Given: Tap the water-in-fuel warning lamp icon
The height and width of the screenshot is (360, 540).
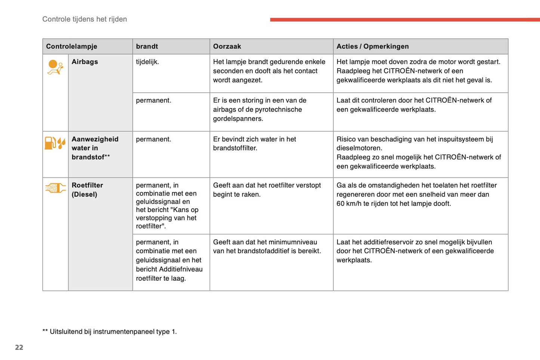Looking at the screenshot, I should click(55, 143).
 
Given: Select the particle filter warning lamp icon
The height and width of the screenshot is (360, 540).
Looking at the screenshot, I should click(55, 188).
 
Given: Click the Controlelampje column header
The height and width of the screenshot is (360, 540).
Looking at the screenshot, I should click(71, 46).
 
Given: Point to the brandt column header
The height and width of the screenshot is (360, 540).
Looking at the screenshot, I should click(147, 46).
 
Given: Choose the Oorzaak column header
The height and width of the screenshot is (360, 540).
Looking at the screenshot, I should click(227, 46).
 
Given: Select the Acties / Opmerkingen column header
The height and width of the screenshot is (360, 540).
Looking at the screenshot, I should click(372, 46).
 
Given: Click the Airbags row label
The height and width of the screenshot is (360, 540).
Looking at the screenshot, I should click(85, 62).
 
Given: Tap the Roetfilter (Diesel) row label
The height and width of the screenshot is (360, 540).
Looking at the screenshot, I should click(87, 190).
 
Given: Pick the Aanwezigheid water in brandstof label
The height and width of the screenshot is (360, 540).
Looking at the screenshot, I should click(95, 148).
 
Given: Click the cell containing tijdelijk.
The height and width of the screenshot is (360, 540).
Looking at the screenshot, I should click(147, 62).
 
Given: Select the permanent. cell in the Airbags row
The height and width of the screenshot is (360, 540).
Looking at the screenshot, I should click(153, 100).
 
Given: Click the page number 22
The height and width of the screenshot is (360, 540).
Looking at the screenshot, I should click(19, 347).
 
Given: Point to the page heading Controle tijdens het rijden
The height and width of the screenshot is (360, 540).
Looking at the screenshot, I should click(84, 19).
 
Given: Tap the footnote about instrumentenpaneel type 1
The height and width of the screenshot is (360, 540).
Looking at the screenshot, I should click(109, 332).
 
